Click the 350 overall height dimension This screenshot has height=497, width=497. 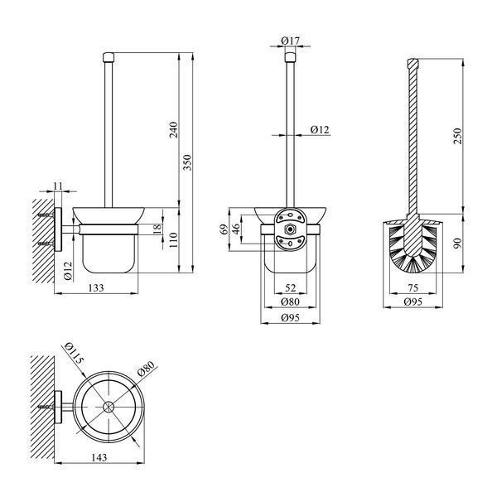(188, 162)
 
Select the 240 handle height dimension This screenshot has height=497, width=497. (174, 129)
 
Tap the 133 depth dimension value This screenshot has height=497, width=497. (96, 287)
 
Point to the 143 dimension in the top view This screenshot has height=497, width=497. (99, 457)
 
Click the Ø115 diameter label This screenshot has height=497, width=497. (75, 354)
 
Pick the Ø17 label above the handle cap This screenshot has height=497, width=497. (290, 41)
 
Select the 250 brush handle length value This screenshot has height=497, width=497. (458, 136)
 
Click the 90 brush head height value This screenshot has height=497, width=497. (458, 244)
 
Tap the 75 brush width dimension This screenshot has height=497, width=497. (413, 287)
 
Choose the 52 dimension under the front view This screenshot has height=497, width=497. (290, 287)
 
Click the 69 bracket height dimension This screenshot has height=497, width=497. (224, 229)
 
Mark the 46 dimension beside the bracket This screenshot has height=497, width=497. (236, 229)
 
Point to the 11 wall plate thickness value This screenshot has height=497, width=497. (58, 186)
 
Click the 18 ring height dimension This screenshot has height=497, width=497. (157, 229)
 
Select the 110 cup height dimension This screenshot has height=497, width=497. (174, 240)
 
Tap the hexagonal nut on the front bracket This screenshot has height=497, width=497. (289, 229)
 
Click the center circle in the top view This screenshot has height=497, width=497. (109, 407)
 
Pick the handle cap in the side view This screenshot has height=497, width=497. (109, 57)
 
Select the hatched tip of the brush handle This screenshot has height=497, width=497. (413, 63)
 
